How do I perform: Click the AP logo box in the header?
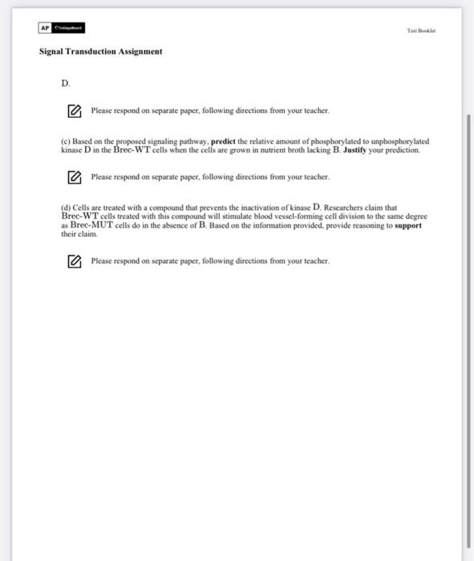click(x=44, y=28)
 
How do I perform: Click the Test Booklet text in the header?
click(x=421, y=30)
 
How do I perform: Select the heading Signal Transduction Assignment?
click(x=100, y=51)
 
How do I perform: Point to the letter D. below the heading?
click(x=66, y=83)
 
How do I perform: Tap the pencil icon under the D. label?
click(x=74, y=111)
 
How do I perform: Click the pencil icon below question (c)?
click(x=74, y=177)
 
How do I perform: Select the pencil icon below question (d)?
click(x=74, y=261)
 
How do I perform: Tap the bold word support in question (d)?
click(x=408, y=226)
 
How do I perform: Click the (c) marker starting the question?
click(x=66, y=141)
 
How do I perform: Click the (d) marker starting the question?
click(x=66, y=208)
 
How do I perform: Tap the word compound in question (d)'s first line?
click(x=172, y=208)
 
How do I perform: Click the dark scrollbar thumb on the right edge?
click(x=469, y=321)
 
